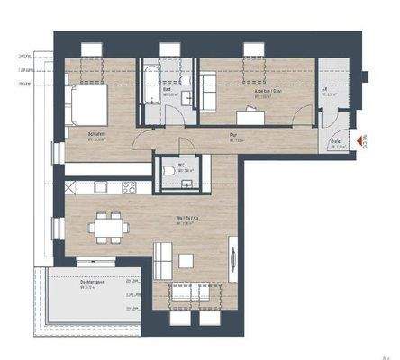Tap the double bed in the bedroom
click(x=88, y=103)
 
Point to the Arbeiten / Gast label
click(x=264, y=92)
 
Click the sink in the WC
click(x=188, y=184)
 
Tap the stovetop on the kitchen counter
click(x=129, y=188)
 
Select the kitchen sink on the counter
click(x=100, y=188)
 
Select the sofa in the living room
click(x=163, y=261)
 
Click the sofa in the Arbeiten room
click(x=207, y=90)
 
